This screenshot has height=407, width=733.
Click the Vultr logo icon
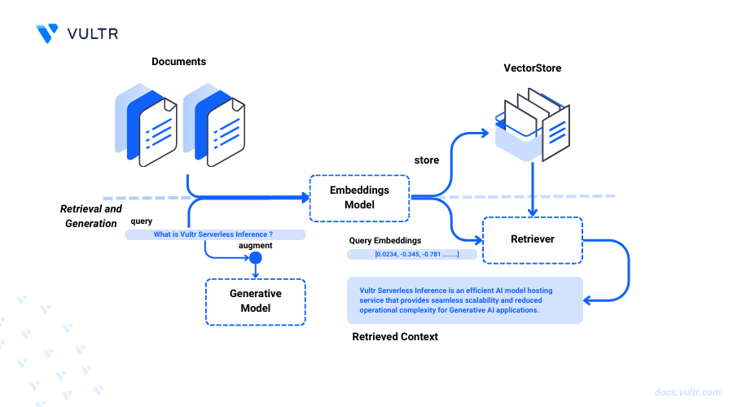[47, 33]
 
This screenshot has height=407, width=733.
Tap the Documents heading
[178, 62]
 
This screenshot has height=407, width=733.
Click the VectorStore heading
[532, 68]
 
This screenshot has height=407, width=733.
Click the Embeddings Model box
[358, 198]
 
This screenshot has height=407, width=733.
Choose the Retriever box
[533, 239]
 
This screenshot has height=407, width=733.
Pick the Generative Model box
[255, 301]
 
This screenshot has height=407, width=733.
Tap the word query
[140, 221]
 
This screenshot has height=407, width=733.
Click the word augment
[255, 245]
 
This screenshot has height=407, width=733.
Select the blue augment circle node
[255, 259]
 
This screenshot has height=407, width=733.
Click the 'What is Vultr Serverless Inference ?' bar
[214, 234]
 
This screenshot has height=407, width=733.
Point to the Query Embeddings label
[385, 240]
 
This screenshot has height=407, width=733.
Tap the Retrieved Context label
[394, 336]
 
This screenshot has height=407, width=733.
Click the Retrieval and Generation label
[91, 216]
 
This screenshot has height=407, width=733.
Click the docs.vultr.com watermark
[686, 392]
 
